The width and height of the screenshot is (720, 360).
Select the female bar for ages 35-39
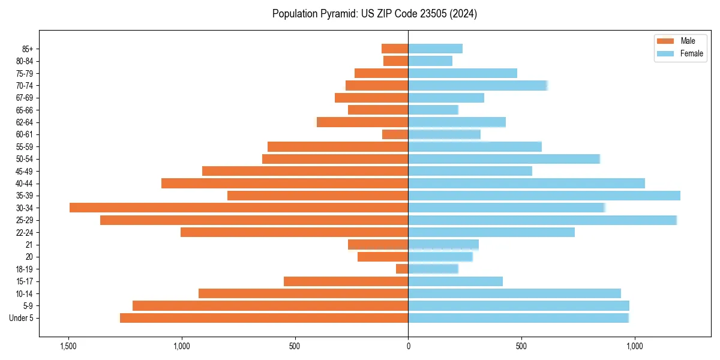pyautogui.click(x=544, y=196)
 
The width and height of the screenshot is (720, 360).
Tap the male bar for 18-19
pyautogui.click(x=402, y=269)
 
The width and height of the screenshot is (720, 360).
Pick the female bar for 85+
pyautogui.click(x=436, y=49)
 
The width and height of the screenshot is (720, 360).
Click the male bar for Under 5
pyautogui.click(x=264, y=318)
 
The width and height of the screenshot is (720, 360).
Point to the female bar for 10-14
pyautogui.click(x=515, y=293)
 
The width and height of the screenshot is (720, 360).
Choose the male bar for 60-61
pyautogui.click(x=395, y=134)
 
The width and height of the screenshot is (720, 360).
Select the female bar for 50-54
pyautogui.click(x=504, y=159)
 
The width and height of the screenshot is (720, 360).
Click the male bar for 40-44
pyautogui.click(x=285, y=183)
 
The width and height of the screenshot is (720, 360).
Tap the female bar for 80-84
pyautogui.click(x=430, y=61)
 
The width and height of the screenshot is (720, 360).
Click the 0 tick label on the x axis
pyautogui.click(x=408, y=346)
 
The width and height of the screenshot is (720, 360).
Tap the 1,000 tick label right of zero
pyautogui.click(x=635, y=346)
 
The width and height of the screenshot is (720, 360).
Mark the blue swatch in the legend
pyautogui.click(x=666, y=53)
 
